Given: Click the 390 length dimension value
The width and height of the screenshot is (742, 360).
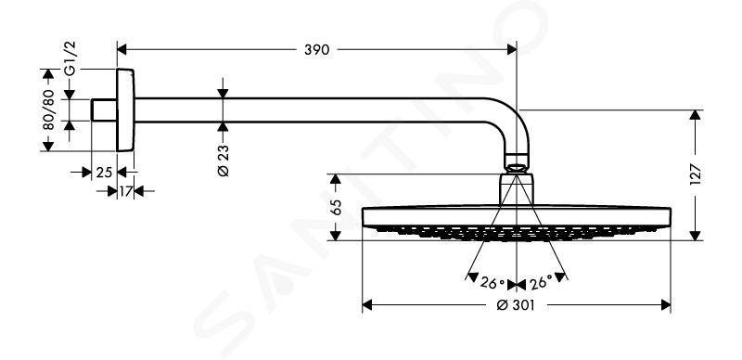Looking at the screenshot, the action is tap(316, 50).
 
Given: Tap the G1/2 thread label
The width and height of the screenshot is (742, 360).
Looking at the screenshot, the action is tap(70, 58).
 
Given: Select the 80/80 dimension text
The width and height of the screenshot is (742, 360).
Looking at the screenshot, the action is tap(48, 109).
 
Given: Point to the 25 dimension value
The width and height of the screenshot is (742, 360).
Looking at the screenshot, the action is tap(104, 173).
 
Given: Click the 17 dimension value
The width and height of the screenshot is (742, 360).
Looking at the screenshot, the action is tap(125, 191).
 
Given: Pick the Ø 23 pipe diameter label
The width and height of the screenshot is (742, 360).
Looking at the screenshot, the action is tap(223, 161).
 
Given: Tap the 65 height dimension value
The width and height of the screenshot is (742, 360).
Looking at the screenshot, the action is tap(336, 208).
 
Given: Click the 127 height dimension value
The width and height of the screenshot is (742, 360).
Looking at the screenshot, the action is tap(695, 174).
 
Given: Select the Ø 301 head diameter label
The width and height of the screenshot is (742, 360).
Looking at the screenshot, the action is tap(516, 305).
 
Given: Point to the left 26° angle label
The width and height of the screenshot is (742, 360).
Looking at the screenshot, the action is tap(493, 283).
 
